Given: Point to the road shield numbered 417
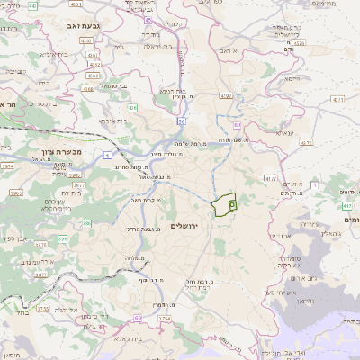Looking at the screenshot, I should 346,206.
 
